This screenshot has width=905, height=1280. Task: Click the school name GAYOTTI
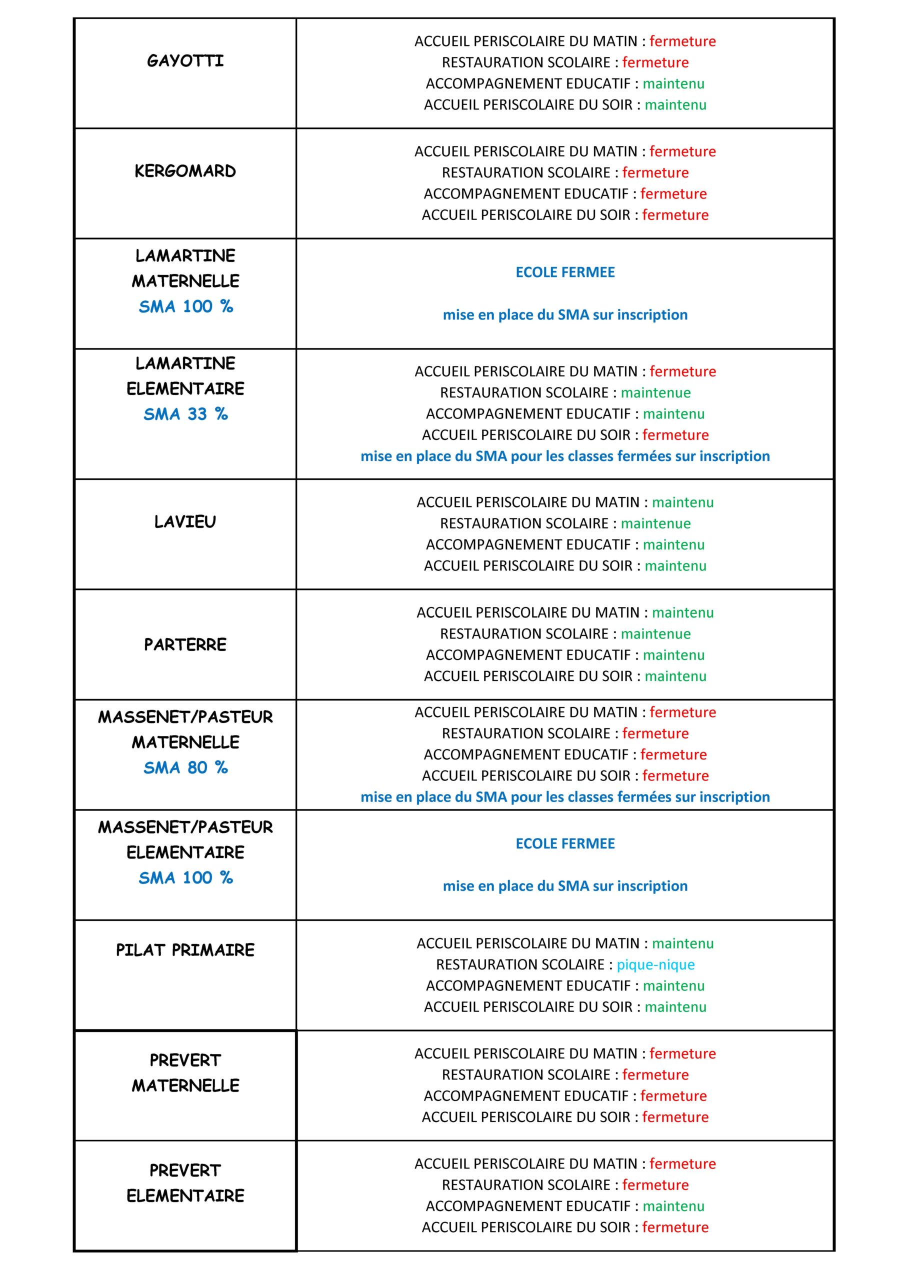pos(185,61)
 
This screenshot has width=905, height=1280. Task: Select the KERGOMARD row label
pos(185,171)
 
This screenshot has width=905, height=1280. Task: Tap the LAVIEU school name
pos(185,522)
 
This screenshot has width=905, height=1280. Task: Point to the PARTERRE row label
pos(185,645)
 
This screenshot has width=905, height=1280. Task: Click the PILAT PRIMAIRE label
pos(185,950)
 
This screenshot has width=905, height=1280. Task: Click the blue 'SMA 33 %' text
pos(185,414)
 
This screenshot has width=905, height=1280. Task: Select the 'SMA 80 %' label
pos(185,767)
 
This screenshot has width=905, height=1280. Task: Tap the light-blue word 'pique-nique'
pos(655,965)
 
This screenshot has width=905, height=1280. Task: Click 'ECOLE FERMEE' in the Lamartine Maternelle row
pos(565,272)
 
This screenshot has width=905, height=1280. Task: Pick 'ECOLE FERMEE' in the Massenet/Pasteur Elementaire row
pos(565,844)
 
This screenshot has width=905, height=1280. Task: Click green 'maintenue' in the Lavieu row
pos(655,523)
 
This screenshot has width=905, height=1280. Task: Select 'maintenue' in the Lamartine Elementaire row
pos(655,393)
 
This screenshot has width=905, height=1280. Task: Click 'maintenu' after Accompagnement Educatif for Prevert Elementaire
pos(673,1206)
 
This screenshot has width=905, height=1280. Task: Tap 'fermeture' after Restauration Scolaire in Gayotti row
pos(655,62)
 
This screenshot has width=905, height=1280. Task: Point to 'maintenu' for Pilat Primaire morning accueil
pos(682,944)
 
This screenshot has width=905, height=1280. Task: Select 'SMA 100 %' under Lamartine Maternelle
pos(185,306)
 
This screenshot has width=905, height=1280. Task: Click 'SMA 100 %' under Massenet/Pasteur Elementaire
pos(185,878)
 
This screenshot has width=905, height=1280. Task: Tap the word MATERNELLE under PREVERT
pos(185,1086)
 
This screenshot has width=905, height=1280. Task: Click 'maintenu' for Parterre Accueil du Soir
pos(675,676)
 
